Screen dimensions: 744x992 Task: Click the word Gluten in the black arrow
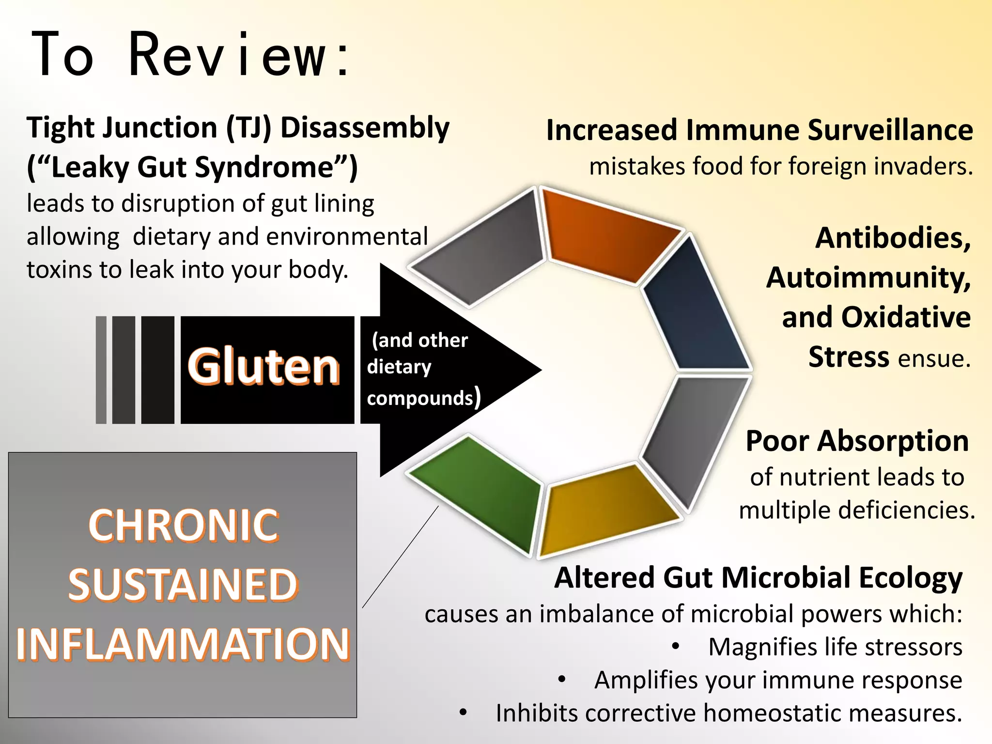pos(264,367)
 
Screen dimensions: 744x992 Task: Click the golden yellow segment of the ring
pos(605,509)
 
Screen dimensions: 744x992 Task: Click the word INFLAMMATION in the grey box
pos(183,644)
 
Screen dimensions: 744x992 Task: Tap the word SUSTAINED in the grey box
pos(183,585)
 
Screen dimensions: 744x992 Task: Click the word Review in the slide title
pos(228,55)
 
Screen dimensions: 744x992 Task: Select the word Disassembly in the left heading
pos(365,128)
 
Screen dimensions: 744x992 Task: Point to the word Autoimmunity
pos(868,278)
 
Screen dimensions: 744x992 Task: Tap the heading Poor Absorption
pos(857,441)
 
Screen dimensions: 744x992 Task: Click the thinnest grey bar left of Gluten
pos(101,370)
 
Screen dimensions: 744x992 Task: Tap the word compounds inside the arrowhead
pos(420,398)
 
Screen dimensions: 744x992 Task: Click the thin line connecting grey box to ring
pos(400,557)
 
